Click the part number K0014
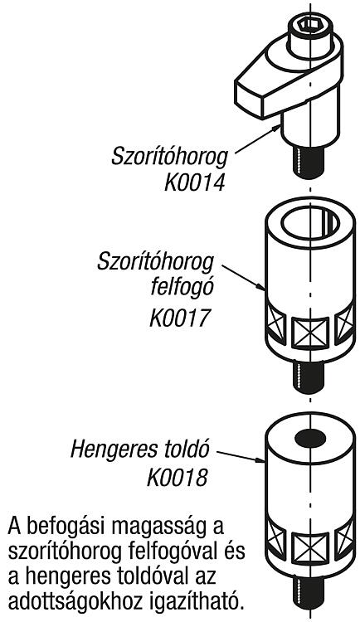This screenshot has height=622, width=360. [195, 183]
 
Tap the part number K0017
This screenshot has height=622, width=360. [178, 318]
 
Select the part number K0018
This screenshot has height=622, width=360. [178, 478]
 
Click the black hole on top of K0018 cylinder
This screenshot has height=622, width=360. [310, 439]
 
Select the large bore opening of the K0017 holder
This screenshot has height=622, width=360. [310, 222]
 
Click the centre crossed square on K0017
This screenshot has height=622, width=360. [310, 333]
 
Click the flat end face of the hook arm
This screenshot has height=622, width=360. [249, 96]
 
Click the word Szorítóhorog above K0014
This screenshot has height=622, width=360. [170, 156]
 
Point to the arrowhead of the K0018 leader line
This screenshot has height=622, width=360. [260, 460]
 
